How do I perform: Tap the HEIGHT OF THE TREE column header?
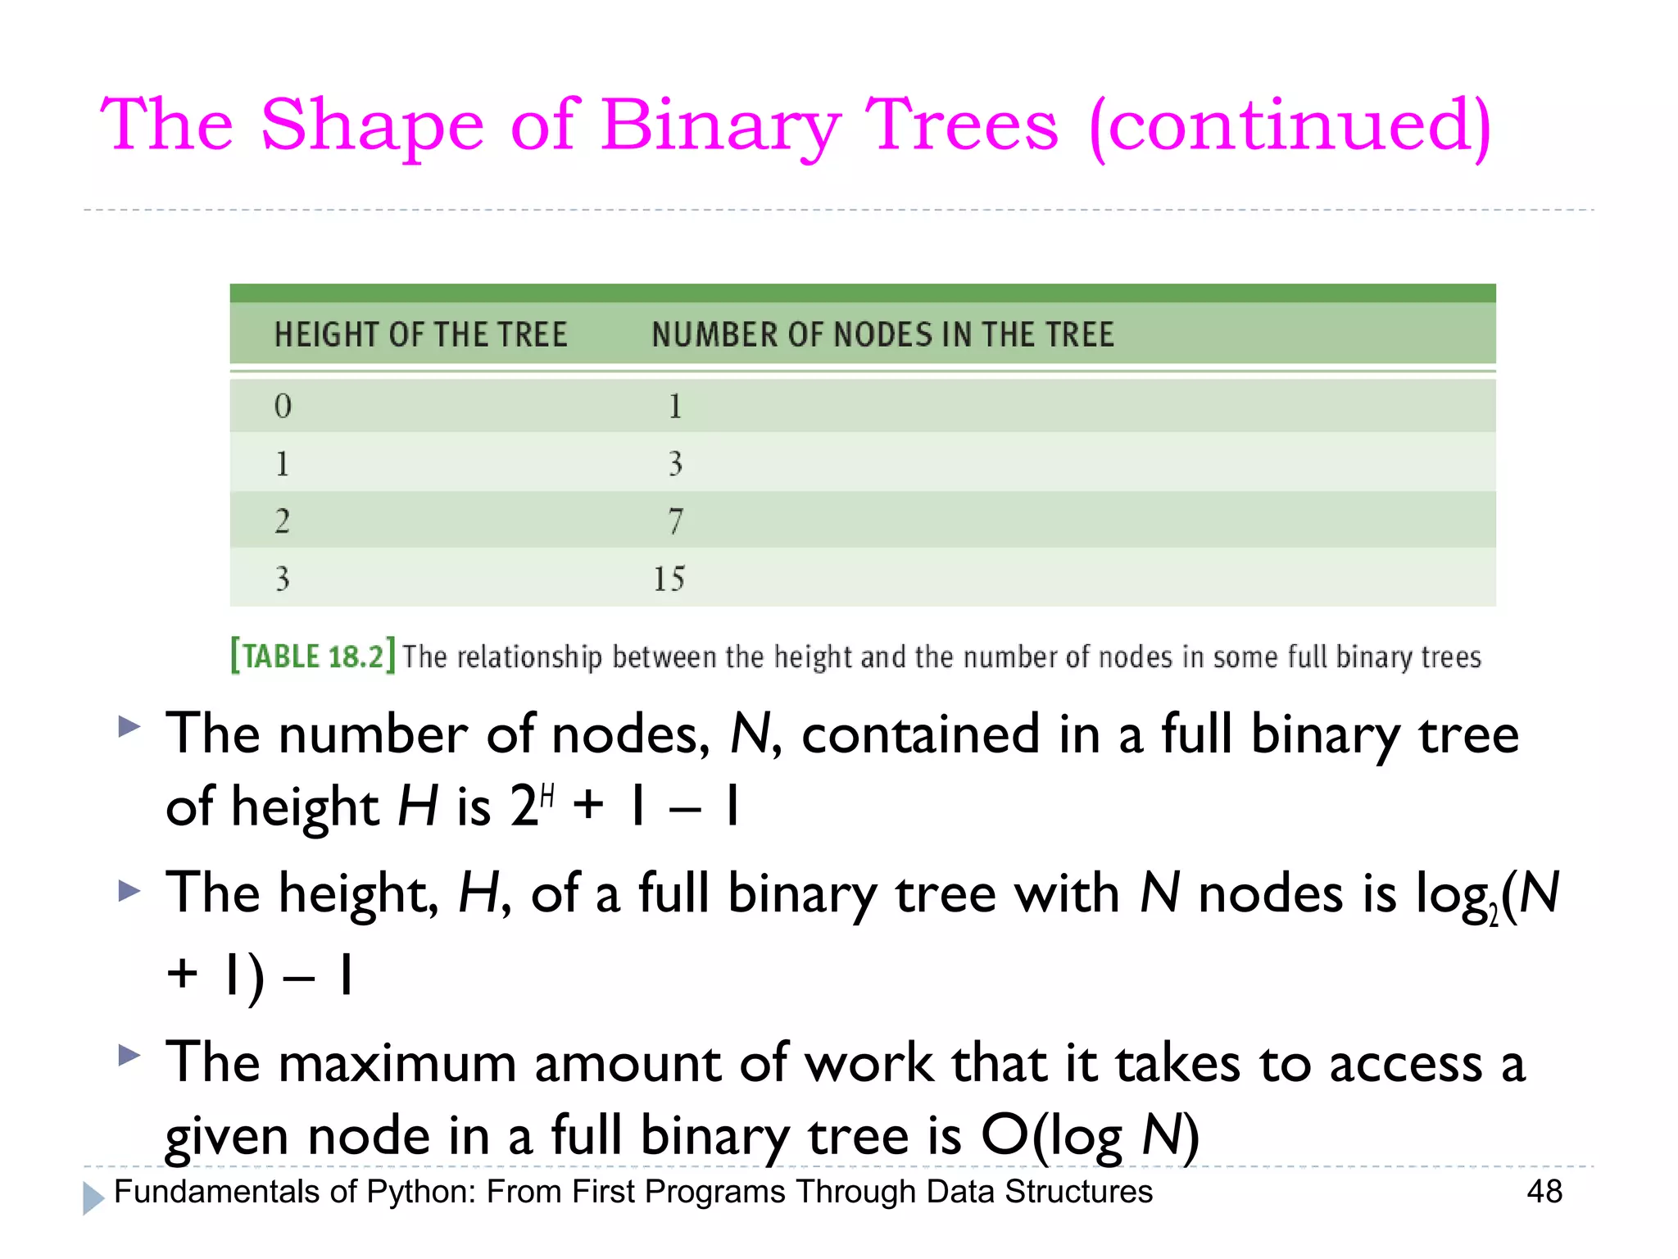[420, 335]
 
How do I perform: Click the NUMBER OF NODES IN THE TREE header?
[882, 335]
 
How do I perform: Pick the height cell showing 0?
[283, 407]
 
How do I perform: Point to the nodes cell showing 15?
[669, 579]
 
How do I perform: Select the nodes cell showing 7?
[675, 521]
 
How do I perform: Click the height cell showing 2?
[283, 521]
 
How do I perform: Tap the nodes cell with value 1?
[675, 407]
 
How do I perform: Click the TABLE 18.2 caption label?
[313, 657]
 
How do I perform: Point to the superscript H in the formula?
[548, 794]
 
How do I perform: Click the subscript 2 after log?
[1493, 916]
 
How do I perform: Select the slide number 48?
[1544, 1191]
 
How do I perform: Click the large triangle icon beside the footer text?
[93, 1198]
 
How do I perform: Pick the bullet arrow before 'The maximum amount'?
[129, 1055]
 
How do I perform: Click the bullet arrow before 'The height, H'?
[129, 890]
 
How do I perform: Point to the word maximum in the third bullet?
[397, 1064]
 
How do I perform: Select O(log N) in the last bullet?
[1090, 1136]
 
